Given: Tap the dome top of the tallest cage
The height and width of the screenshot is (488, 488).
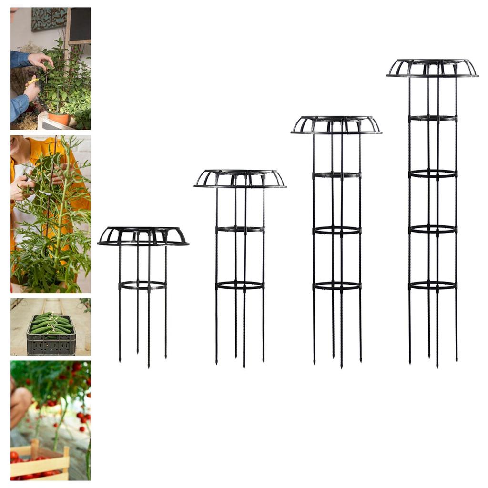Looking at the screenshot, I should [432, 68].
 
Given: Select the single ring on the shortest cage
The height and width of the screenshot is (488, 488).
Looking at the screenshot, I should [142, 285].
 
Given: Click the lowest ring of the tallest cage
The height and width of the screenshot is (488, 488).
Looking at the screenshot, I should [432, 285].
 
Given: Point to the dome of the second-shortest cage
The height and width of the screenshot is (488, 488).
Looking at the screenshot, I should [240, 179].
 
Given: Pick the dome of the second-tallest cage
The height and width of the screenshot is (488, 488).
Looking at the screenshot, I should [336, 125].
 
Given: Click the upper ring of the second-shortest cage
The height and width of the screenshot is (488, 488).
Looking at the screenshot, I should [240, 229].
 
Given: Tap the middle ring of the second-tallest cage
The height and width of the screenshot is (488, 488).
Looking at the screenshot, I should [336, 230].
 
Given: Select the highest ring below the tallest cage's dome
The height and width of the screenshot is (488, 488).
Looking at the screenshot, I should [432, 118].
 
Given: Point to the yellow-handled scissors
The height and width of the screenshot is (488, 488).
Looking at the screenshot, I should [32, 81].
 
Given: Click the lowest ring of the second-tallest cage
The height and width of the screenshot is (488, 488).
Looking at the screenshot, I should [336, 285].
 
